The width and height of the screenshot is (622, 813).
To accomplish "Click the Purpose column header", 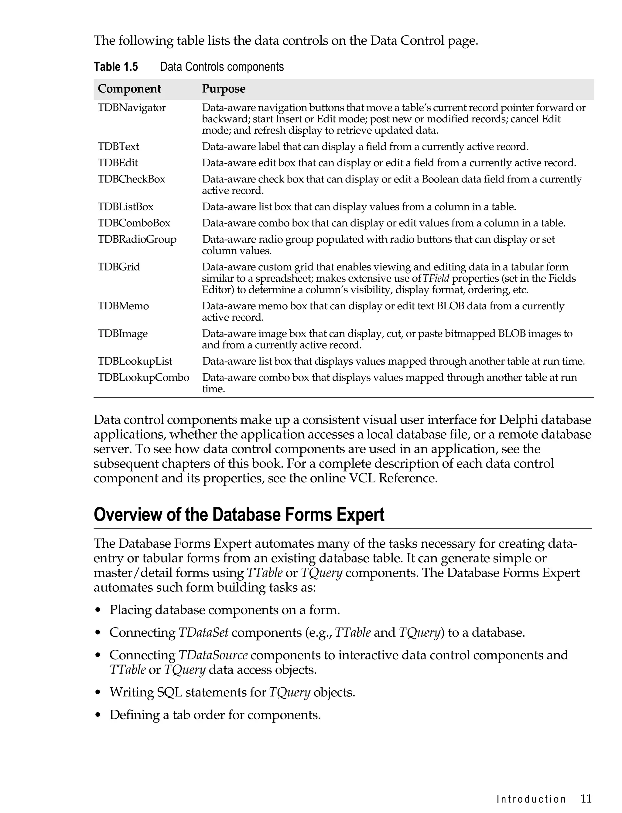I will [224, 89].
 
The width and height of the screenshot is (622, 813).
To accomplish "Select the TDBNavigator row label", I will [132, 108].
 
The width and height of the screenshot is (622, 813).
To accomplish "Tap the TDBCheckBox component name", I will [132, 179].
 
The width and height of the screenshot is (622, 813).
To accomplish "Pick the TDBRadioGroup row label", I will [137, 240].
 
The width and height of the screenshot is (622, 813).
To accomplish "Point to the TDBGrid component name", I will [119, 267].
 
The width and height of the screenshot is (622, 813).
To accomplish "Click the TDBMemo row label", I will [123, 306].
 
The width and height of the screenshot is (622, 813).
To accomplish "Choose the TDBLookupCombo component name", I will [143, 377].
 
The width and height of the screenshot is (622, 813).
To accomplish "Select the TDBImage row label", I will [123, 334].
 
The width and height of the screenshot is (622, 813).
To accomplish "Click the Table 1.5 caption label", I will [115, 67].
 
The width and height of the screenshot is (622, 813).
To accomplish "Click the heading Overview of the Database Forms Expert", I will [239, 515].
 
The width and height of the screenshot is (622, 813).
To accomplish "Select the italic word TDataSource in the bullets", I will [213, 655].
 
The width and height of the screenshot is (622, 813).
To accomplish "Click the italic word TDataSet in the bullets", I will [203, 633].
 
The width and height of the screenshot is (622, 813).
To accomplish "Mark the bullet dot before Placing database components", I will [98, 610].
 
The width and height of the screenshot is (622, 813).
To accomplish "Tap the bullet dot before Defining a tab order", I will [98, 715].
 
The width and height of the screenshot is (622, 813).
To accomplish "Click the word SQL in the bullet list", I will [169, 692].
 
